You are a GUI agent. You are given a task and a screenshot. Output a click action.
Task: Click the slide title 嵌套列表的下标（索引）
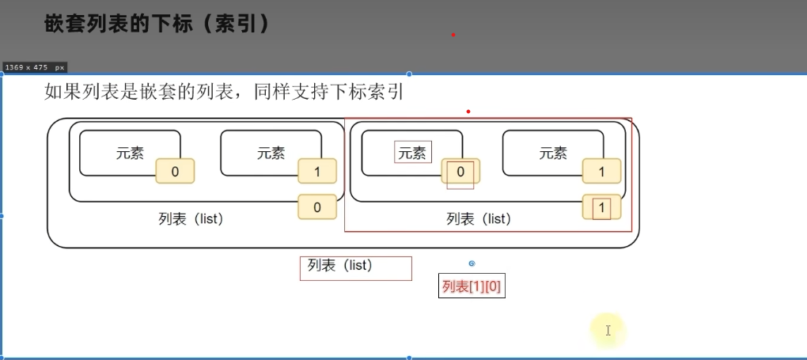pyautogui.click(x=157, y=25)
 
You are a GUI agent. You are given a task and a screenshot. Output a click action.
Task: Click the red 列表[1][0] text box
pyautogui.click(x=472, y=286)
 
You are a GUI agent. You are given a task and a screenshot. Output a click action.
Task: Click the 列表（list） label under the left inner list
pyautogui.click(x=191, y=219)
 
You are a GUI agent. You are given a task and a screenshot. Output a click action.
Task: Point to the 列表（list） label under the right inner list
pyautogui.click(x=479, y=219)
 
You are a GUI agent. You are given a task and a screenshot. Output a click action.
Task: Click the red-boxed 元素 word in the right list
pyautogui.click(x=412, y=153)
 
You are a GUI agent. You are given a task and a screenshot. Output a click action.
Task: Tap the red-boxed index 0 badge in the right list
pyautogui.click(x=460, y=171)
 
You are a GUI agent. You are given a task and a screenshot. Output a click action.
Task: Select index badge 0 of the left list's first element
pyautogui.click(x=175, y=171)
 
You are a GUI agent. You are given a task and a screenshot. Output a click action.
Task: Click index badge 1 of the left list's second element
pyautogui.click(x=317, y=171)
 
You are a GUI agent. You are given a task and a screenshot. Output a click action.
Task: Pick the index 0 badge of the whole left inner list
pyautogui.click(x=317, y=207)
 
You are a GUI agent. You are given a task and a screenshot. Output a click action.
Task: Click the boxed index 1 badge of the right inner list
pyautogui.click(x=602, y=208)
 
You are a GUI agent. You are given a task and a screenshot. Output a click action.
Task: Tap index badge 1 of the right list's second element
pyautogui.click(x=602, y=171)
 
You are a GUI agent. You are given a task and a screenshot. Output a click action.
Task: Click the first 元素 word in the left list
pyautogui.click(x=130, y=153)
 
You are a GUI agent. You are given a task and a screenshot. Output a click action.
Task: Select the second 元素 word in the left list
pyautogui.click(x=271, y=153)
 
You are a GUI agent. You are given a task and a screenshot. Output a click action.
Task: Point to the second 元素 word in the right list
pyautogui.click(x=553, y=153)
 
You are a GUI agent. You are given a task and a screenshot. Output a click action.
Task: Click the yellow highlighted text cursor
pyautogui.click(x=608, y=331)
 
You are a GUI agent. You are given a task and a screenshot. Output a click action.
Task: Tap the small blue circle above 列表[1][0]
pyautogui.click(x=472, y=263)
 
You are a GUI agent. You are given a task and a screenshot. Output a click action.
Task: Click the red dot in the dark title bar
pyautogui.click(x=453, y=35)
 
